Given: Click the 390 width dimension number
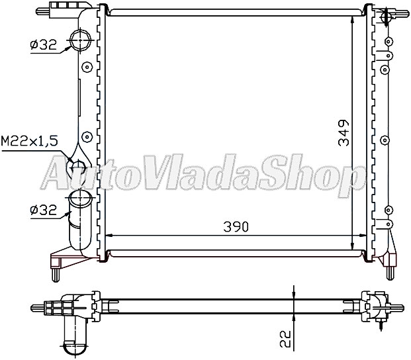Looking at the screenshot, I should [236, 226].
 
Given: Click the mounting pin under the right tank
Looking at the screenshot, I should [391, 270].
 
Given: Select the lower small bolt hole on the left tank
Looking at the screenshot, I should [85, 137].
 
